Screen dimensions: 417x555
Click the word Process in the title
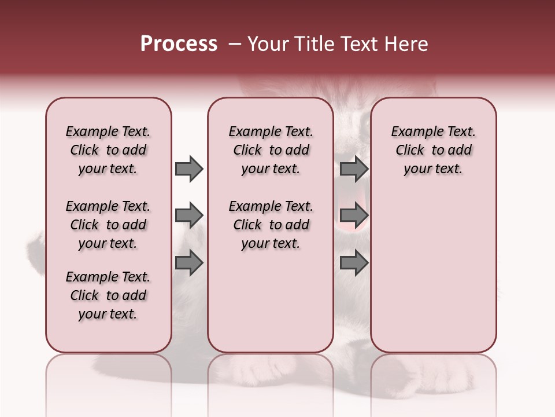click(179, 44)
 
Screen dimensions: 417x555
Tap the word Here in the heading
click(406, 44)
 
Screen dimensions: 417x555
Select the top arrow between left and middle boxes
click(189, 169)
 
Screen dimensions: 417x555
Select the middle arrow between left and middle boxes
click(189, 215)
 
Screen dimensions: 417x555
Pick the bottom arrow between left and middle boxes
click(189, 263)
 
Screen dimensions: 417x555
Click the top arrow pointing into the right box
click(354, 169)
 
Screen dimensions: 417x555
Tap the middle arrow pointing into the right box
click(354, 215)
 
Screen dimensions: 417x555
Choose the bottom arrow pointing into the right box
click(354, 263)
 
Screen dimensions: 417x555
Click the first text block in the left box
click(108, 150)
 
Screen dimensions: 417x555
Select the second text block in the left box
click(108, 225)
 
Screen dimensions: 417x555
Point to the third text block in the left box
click(108, 295)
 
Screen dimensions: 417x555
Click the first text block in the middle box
click(271, 150)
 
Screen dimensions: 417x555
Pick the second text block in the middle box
click(271, 225)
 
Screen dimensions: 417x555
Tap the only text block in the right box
click(433, 150)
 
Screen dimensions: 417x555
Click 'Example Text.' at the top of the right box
click(433, 131)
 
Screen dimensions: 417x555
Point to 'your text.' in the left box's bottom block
click(108, 314)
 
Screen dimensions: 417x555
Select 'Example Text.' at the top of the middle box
click(271, 131)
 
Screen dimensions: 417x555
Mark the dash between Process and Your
click(234, 44)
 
